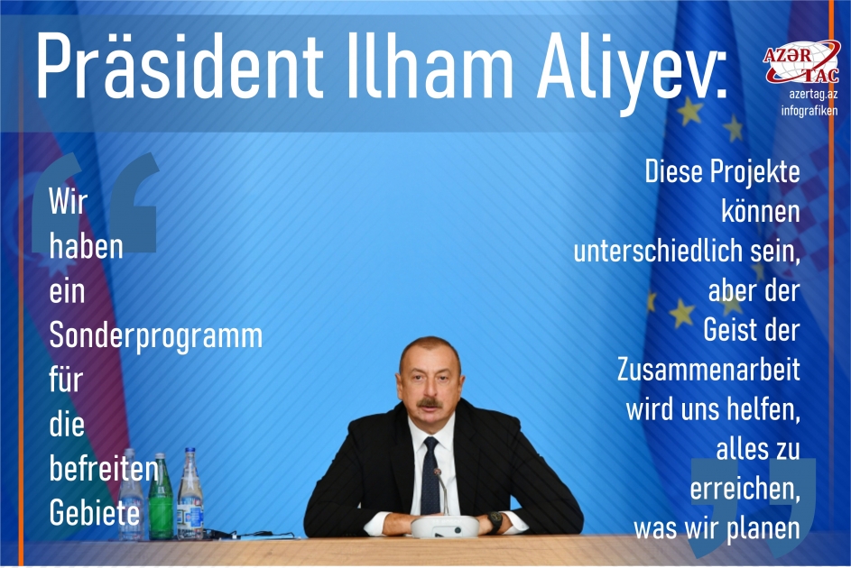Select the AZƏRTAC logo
tap(801, 62)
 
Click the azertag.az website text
tap(809, 94)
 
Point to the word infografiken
tap(809, 110)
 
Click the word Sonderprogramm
tap(155, 336)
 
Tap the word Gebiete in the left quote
tap(95, 512)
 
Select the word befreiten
tap(104, 468)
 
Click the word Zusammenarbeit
tap(708, 370)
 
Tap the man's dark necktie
tap(430, 472)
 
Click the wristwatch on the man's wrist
tap(495, 520)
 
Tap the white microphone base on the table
tap(443, 525)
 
